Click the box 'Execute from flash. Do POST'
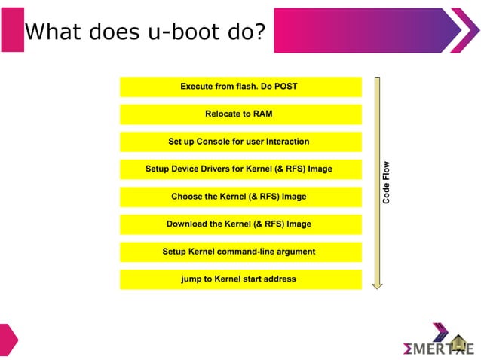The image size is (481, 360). (240, 87)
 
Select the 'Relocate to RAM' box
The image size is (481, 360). (240, 114)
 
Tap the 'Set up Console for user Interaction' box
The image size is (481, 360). (240, 142)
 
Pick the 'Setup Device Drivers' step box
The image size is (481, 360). (240, 169)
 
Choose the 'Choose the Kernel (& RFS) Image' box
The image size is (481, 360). (240, 197)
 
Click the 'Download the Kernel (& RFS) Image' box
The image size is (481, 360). (240, 224)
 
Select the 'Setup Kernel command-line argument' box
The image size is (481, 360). (240, 252)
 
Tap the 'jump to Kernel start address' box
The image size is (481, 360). (240, 279)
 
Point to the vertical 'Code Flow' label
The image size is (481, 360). (386, 183)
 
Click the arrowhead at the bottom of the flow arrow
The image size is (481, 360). (378, 285)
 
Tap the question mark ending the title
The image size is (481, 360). (259, 32)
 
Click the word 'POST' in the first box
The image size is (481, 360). (285, 87)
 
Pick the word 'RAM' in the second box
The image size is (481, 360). (263, 114)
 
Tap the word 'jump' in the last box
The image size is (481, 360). (191, 279)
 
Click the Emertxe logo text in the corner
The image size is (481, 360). (438, 349)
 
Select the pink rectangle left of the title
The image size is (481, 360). (12, 30)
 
